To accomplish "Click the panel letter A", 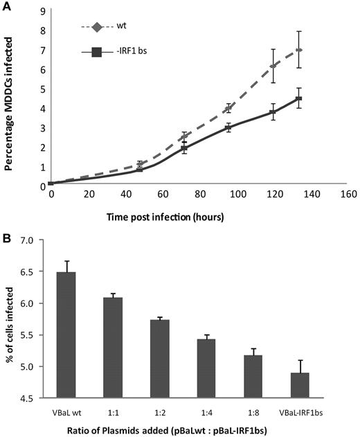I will pyautogui.click(x=6, y=6).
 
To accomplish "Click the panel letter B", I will pyautogui.click(x=6, y=236).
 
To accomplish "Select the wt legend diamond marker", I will pyautogui.click(x=97, y=28).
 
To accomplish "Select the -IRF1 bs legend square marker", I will pyautogui.click(x=97, y=52).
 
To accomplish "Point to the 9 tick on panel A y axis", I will pyautogui.click(x=43, y=12).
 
